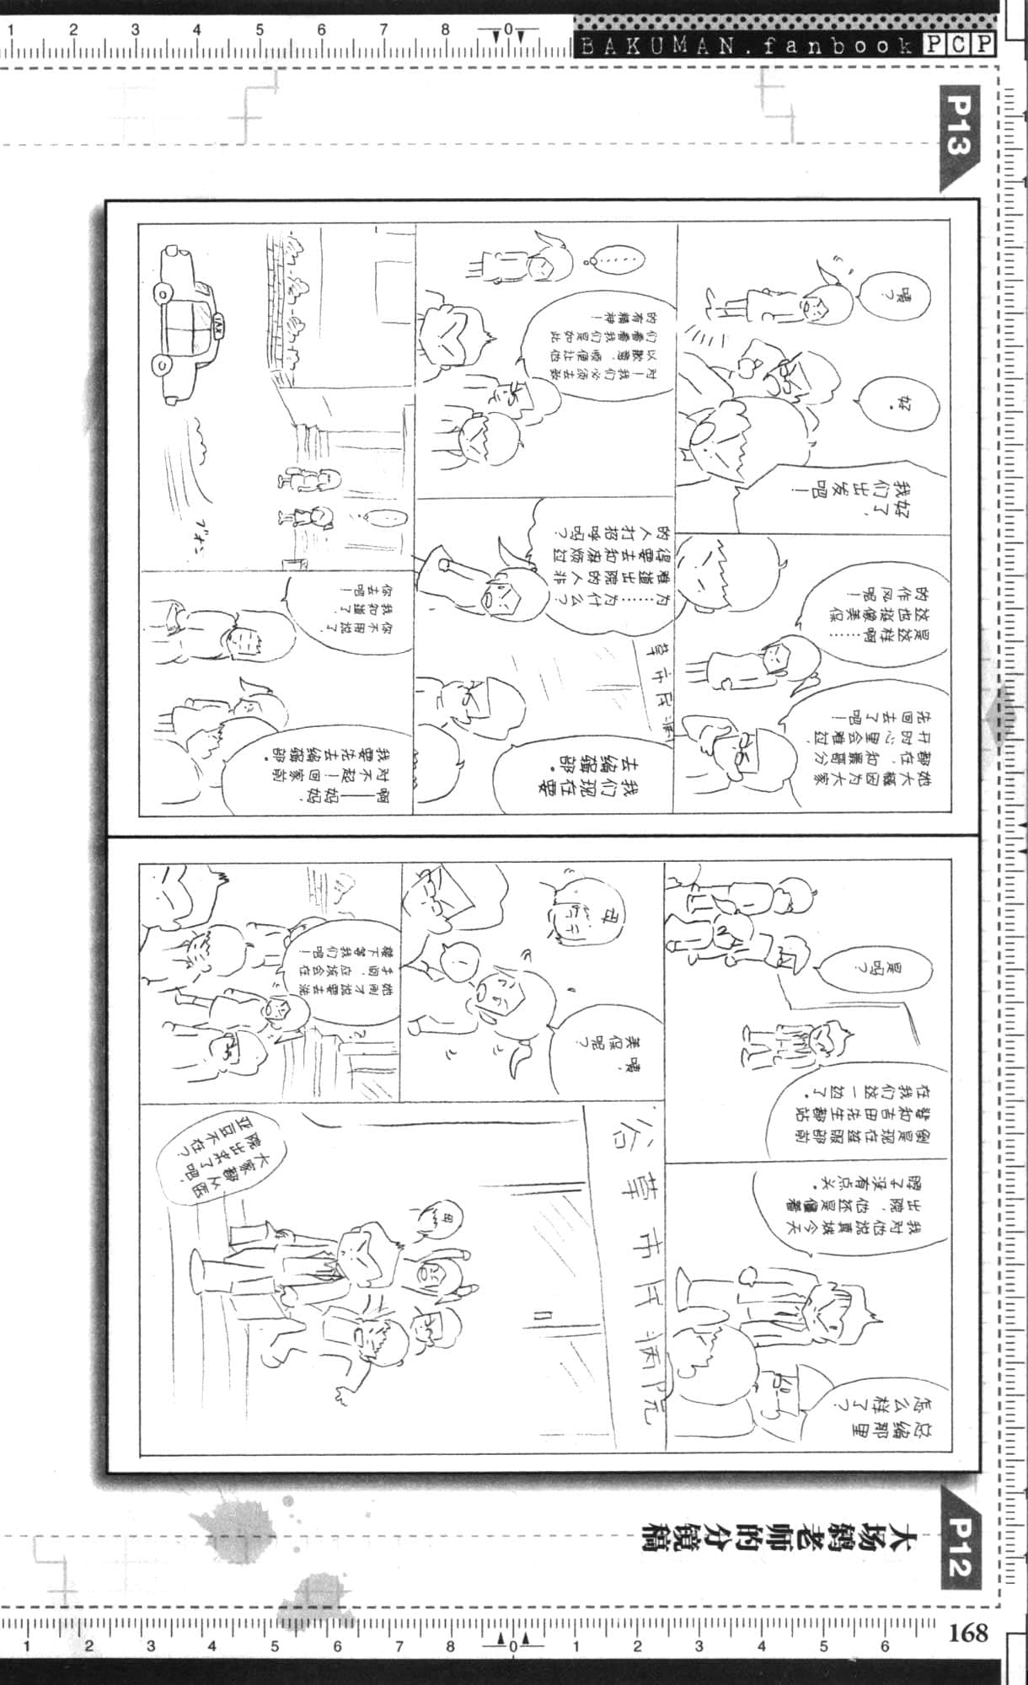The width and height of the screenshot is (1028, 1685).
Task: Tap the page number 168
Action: point(968,1634)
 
